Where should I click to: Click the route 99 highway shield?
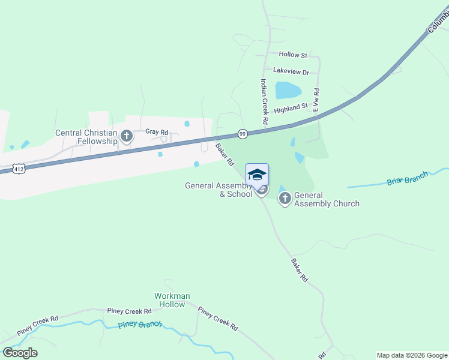coord(243,134)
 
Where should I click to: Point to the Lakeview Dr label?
coord(291,71)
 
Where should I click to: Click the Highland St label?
coord(291,109)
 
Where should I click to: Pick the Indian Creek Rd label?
coord(263,102)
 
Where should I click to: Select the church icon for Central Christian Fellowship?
coord(126,136)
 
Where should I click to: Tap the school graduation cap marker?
coord(257,175)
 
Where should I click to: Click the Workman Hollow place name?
coord(172,300)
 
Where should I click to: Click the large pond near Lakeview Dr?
coord(288,90)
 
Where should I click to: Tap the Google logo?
coord(20,353)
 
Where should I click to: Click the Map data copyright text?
coord(412,355)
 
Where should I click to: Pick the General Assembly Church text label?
coord(327,199)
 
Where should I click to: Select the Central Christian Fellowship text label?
coord(86,137)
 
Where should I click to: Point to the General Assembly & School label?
coord(218,190)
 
